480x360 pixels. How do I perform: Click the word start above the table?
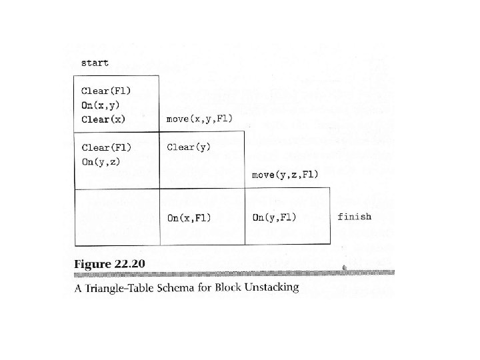[x=95, y=63]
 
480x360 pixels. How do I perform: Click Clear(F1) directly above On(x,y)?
[x=106, y=90]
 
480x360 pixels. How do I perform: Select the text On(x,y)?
[x=101, y=105]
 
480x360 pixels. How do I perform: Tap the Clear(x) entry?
[x=103, y=119]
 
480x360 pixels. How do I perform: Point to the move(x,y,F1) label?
[x=199, y=119]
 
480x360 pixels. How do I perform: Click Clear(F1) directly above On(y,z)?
[x=106, y=147]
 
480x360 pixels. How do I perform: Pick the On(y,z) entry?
[x=101, y=162]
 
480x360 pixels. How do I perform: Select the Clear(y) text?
[x=189, y=147]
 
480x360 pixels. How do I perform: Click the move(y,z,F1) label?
[x=285, y=175]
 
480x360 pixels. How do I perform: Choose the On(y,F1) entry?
[x=275, y=217]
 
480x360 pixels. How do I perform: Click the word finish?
[x=355, y=217]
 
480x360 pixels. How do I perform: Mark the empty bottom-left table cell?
[x=117, y=217]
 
